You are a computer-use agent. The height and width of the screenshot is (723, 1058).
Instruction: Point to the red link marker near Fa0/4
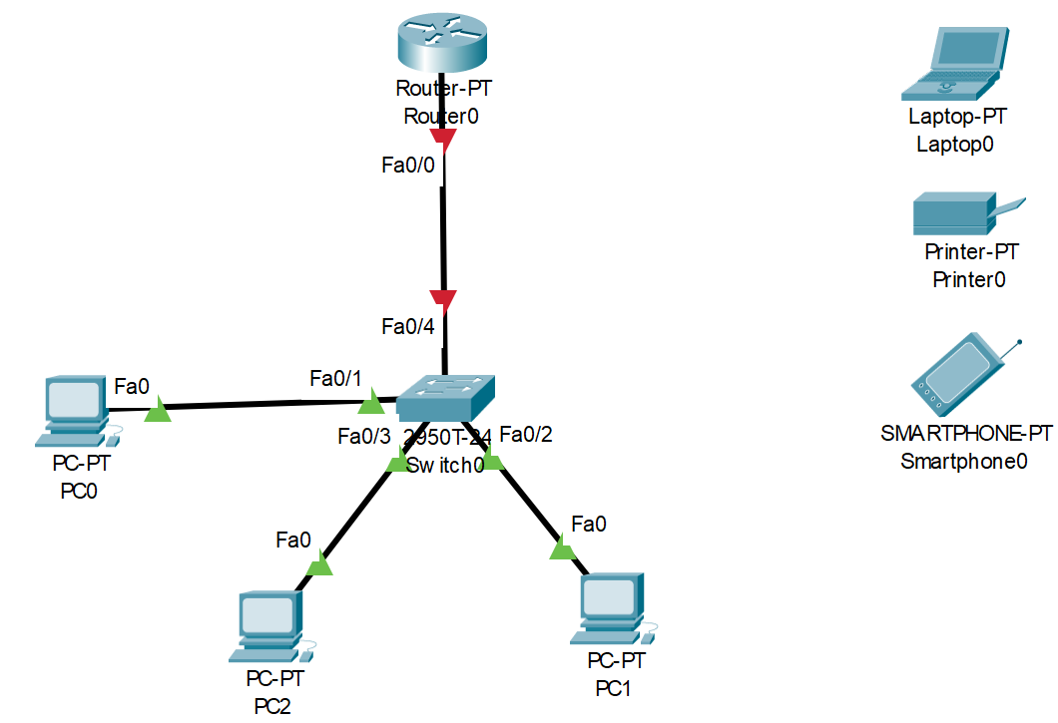coord(443,299)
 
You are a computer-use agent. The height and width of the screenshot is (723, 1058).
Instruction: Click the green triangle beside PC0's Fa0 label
coord(158,410)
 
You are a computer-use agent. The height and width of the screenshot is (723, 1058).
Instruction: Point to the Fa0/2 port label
coord(525,434)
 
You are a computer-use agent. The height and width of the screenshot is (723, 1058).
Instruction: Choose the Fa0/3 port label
coord(363,436)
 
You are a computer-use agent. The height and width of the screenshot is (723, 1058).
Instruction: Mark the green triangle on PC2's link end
coord(319,565)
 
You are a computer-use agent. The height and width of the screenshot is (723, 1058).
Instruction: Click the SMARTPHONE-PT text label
coord(966,434)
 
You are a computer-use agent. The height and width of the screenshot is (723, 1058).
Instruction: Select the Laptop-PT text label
coord(957,117)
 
